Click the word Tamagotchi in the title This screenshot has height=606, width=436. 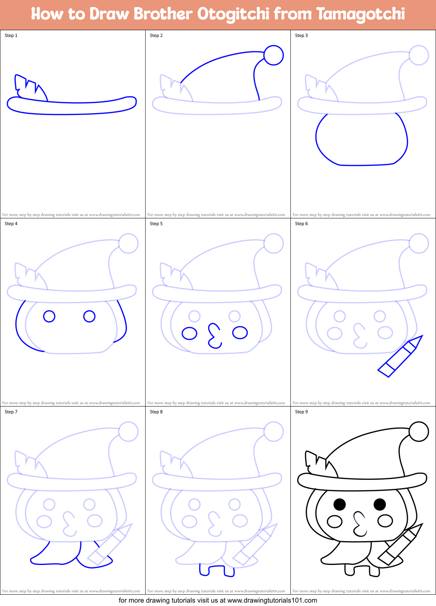361,14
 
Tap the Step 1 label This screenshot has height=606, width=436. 11,35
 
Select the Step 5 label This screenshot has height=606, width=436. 156,224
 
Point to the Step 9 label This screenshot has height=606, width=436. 301,412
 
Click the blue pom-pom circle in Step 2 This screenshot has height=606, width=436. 273,55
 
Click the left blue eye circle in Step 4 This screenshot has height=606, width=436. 49,316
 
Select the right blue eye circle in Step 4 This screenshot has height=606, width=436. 89,316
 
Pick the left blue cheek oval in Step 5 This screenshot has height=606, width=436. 189,333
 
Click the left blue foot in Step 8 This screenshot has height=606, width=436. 204,571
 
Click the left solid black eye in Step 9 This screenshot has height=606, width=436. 339,504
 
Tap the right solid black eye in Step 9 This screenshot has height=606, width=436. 379,504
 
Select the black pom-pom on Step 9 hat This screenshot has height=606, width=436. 419,431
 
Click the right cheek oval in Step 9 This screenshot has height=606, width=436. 385,521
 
